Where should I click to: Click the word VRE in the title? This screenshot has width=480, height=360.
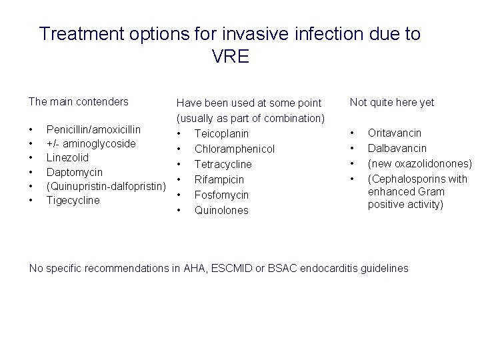(230, 57)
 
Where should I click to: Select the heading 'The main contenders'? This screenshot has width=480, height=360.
(78, 102)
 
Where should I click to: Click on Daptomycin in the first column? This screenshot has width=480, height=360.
(73, 172)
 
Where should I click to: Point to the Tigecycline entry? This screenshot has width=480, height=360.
(72, 200)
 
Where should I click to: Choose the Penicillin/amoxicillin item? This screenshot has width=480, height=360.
(93, 129)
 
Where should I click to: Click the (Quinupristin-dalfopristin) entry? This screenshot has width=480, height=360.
(105, 186)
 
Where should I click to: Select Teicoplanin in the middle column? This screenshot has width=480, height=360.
(221, 133)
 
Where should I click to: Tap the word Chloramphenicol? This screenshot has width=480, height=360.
(234, 149)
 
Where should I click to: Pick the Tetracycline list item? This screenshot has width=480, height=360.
(223, 164)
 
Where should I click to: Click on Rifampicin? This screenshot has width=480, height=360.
(219, 179)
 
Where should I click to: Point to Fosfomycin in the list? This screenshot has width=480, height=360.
(221, 195)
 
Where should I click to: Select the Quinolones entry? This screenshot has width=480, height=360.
(221, 210)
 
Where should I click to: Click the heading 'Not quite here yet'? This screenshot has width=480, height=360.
(392, 102)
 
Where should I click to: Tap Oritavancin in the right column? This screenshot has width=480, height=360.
(395, 133)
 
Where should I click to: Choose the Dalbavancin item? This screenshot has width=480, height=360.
(397, 149)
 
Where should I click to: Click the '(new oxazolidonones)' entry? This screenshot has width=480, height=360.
(420, 164)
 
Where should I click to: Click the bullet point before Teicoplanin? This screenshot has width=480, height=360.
(179, 133)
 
